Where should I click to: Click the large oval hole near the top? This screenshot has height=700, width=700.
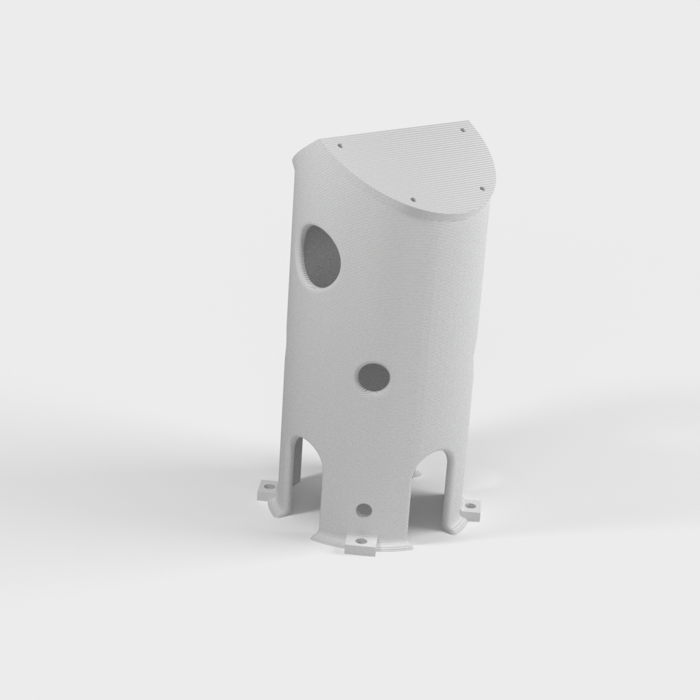(322, 256)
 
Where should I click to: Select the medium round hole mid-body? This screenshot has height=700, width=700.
(373, 377)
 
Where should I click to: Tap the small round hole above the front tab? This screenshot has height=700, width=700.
(364, 509)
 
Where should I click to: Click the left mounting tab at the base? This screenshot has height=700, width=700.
(267, 490)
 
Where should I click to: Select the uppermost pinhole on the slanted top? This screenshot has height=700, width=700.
(463, 129)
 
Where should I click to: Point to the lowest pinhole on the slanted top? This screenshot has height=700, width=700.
(413, 200)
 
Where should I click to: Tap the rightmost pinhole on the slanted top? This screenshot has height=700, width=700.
(481, 188)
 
